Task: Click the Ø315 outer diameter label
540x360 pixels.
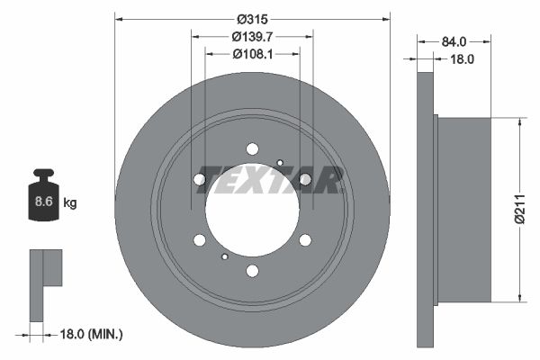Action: pyautogui.click(x=253, y=19)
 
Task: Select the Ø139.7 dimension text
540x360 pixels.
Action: pyautogui.click(x=253, y=37)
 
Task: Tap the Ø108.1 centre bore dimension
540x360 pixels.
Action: pyautogui.click(x=253, y=54)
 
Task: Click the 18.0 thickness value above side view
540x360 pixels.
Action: pyautogui.click(x=461, y=58)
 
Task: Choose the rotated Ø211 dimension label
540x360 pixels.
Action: pyautogui.click(x=519, y=208)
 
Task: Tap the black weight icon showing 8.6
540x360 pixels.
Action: pyautogui.click(x=43, y=194)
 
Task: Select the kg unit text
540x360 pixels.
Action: pyautogui.click(x=70, y=203)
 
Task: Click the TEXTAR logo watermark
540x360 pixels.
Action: pyautogui.click(x=270, y=180)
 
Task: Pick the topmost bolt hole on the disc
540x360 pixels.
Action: pyautogui.click(x=252, y=148)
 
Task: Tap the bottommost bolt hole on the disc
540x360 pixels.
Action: pyautogui.click(x=252, y=271)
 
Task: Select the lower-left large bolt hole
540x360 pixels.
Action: pyautogui.click(x=199, y=239)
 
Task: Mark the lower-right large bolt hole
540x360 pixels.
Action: pyautogui.click(x=305, y=239)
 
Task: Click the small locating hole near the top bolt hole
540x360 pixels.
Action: pyautogui.click(x=280, y=163)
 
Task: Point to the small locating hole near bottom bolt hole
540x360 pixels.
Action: pyautogui.click(x=224, y=256)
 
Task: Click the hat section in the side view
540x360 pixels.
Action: pyautogui.click(x=463, y=210)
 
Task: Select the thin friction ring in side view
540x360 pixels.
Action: pyautogui.click(x=426, y=210)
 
